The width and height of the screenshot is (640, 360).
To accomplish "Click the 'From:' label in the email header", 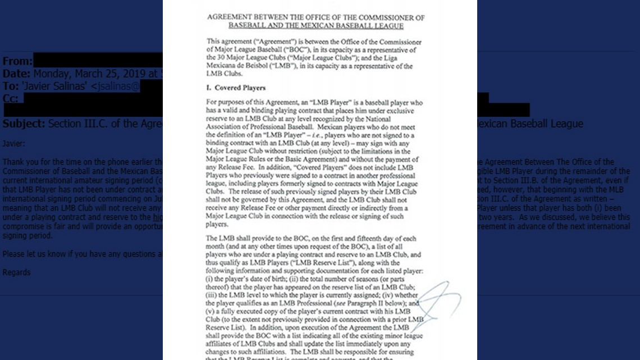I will (17, 61).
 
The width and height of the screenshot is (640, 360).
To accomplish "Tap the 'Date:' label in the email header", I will (16, 74).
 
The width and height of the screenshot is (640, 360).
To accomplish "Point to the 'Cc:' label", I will (10, 98).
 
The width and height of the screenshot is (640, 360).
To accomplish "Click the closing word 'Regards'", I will (16, 272).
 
